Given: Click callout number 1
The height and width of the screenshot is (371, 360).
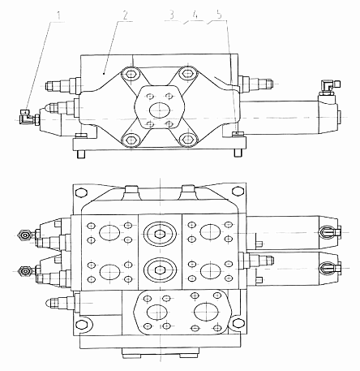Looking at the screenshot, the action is coord(59,16).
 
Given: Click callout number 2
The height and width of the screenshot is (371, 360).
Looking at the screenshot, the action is coord(125,15).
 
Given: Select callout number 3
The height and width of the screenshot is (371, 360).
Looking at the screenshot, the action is coord(171,15).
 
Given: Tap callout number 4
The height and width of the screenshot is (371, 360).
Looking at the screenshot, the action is coord(195,15).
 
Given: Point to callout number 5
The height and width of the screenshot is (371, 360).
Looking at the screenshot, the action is coord(219,15).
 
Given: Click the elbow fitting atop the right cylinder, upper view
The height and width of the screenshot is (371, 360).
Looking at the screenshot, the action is coord(330,87).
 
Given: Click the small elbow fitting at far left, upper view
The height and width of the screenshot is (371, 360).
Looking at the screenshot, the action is coord(28,117).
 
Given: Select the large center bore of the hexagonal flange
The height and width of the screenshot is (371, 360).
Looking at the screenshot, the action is coord(160,110).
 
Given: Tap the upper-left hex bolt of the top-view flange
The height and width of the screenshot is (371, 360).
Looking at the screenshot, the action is coord(131,74).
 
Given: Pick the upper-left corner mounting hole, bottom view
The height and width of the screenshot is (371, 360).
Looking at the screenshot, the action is coord(81,192).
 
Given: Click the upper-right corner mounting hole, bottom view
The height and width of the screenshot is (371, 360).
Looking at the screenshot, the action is coord(238,192).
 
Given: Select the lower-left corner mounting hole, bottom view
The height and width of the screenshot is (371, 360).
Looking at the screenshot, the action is coord(81,324).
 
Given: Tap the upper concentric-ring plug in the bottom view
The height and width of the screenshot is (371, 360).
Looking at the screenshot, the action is coord(161,234).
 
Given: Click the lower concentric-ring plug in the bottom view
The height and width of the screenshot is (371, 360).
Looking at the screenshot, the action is coord(161,270).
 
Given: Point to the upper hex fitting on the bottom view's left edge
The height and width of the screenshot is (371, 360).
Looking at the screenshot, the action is coord(25,235).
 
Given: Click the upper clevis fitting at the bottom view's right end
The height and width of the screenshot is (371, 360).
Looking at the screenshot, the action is coord(329,232).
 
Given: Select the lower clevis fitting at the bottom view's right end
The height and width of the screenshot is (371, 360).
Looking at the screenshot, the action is coord(329,269).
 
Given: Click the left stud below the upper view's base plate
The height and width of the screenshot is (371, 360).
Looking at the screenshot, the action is coord(81,153).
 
